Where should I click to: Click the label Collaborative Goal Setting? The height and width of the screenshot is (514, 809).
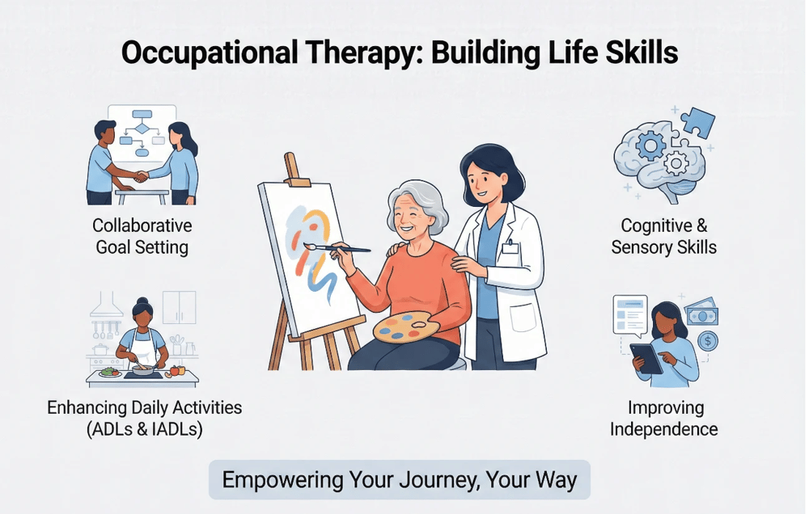pyautogui.click(x=142, y=235)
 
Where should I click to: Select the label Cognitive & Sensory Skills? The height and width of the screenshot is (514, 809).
pyautogui.click(x=663, y=236)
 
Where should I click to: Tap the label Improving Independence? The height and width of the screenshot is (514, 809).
pyautogui.click(x=663, y=418)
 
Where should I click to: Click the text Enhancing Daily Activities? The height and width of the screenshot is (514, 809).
pyautogui.click(x=144, y=407)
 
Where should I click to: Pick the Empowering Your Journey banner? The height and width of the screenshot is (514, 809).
pyautogui.click(x=400, y=480)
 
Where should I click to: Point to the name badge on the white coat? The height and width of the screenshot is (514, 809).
pyautogui.click(x=509, y=246)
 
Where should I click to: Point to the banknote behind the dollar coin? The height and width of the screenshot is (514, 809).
pyautogui.click(x=701, y=313)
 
